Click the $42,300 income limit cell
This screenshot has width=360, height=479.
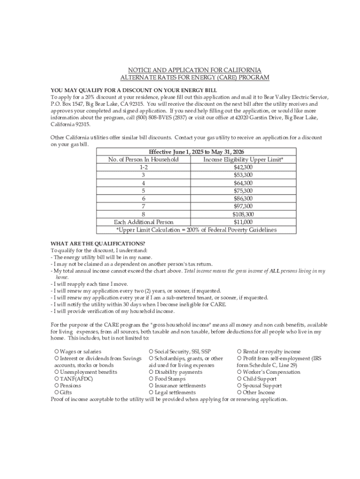[x=243, y=167]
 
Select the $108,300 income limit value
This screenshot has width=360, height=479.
[x=243, y=214]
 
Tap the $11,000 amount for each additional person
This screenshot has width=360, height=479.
[x=243, y=222]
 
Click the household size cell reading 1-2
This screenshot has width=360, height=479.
[x=144, y=167]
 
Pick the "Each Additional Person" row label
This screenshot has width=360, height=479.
[x=144, y=222]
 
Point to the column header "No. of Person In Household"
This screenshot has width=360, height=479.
[x=144, y=160]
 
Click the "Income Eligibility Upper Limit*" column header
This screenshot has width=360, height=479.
[x=243, y=160]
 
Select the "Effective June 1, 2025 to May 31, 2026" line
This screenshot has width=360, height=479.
[x=196, y=152]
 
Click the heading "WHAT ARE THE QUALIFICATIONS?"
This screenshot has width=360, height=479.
[x=98, y=244]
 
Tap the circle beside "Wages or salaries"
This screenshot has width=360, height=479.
[x=57, y=352]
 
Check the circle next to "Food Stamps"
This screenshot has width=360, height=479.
[x=151, y=379]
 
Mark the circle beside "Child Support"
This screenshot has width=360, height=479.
[x=239, y=379]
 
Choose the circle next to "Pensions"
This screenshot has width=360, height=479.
[x=57, y=386]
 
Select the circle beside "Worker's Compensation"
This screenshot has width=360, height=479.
[x=239, y=372]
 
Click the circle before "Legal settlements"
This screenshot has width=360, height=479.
[x=151, y=392]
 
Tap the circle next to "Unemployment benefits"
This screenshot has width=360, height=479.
[x=57, y=372]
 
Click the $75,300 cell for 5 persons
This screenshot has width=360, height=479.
[x=243, y=191]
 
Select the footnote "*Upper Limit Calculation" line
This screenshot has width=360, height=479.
[x=196, y=230]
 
